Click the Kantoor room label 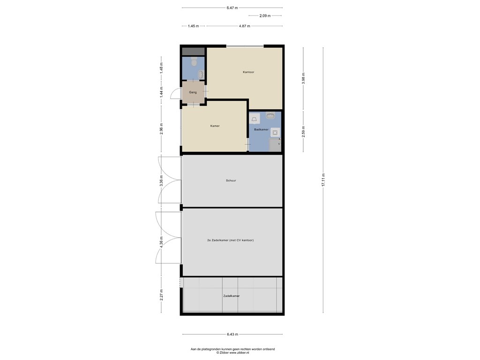click(248, 72)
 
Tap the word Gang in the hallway click(193, 92)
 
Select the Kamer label click(215, 126)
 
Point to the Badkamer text click(261, 129)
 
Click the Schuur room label click(231, 180)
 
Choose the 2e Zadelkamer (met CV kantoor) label click(231, 240)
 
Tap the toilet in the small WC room click(194, 61)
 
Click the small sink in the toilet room click(201, 74)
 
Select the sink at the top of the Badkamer click(270, 115)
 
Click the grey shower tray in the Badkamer click(275, 146)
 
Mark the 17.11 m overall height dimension click(323, 180)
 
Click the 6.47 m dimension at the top click(232, 8)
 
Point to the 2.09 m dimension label click(265, 16)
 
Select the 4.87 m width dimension click(244, 26)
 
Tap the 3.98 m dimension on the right click(304, 77)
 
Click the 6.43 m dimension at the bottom click(232, 334)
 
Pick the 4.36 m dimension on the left click(161, 243)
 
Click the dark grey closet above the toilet click(193, 51)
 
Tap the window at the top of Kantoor click(245, 46)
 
